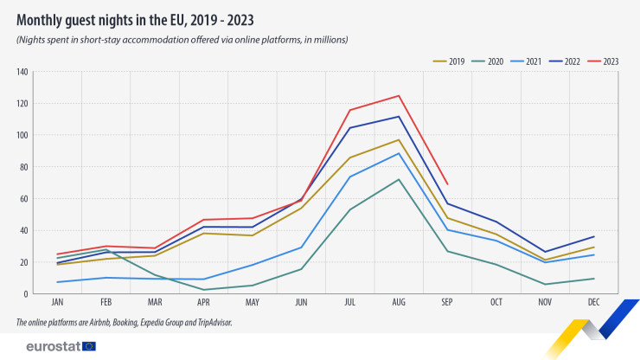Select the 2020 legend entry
(x=491, y=61)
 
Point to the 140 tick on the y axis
(x=22, y=72)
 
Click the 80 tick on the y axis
(x=24, y=167)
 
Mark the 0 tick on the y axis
(x=27, y=294)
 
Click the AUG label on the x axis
(x=399, y=303)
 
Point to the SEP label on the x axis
(x=447, y=303)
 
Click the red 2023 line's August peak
(x=399, y=95)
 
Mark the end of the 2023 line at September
(x=447, y=183)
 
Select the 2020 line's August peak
(x=399, y=179)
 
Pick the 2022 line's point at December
(x=592, y=236)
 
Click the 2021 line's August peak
(x=399, y=153)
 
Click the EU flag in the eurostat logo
(x=88, y=346)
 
